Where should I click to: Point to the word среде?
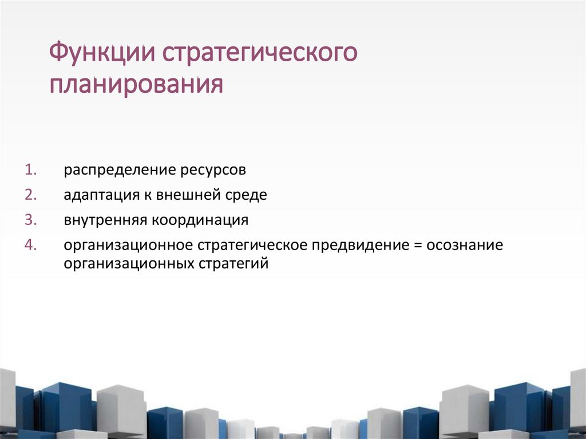tap(247, 195)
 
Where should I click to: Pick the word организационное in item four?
tap(128, 246)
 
